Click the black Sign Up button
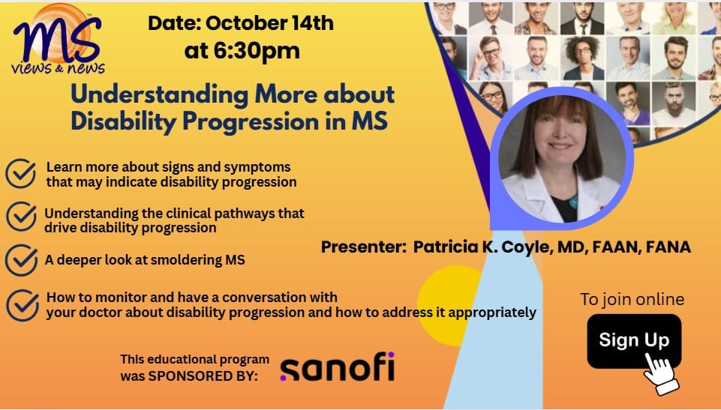click(634, 341)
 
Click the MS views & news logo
click(58, 40)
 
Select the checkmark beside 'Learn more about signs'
click(21, 173)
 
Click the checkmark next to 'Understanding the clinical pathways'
click(21, 217)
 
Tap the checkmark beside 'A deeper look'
click(21, 260)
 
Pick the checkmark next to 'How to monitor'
click(23, 305)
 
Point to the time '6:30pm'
click(257, 50)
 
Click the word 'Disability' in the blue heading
click(124, 121)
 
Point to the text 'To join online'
click(632, 299)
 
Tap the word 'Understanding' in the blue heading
click(160, 94)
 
